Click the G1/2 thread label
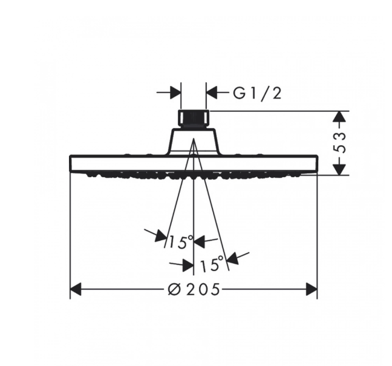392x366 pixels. coord(257,93)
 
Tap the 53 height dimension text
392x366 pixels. coord(339,143)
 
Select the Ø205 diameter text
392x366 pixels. coord(194,290)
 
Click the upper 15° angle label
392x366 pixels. coord(181,242)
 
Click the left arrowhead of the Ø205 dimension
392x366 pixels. coord(76,290)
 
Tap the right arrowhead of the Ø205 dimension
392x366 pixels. coord(312,290)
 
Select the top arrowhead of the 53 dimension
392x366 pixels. coord(339,117)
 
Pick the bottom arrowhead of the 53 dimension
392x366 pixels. coord(339,169)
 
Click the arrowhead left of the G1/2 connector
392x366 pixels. coord(175,93)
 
